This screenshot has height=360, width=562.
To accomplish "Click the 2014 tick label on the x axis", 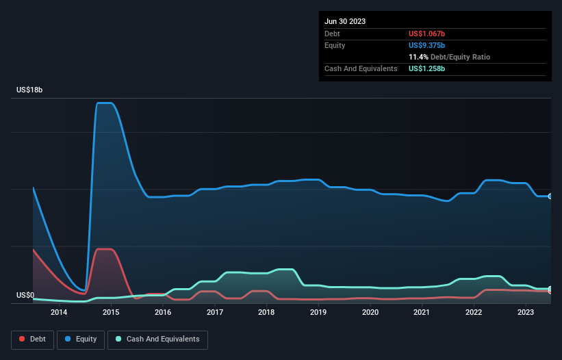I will [x=59, y=313].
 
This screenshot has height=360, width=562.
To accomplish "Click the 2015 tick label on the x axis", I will [x=111, y=313].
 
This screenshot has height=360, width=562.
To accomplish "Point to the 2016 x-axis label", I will [x=163, y=313].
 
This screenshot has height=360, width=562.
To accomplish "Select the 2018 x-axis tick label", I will [x=266, y=313].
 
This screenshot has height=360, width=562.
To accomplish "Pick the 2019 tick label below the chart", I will [x=318, y=313].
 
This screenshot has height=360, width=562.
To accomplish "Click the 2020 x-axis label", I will [x=370, y=313].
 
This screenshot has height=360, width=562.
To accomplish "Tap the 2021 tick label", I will [x=422, y=313].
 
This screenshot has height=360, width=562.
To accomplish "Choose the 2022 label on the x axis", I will [x=474, y=313].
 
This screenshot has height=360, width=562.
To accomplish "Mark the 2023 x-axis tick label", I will [x=525, y=313].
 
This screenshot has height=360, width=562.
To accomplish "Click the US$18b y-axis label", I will [x=31, y=90].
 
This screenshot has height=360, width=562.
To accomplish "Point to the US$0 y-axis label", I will [x=25, y=296].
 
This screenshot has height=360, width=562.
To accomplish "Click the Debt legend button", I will [x=31, y=339].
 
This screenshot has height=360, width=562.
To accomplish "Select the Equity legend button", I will [x=81, y=339].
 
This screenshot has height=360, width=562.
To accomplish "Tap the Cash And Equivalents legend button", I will [x=157, y=339].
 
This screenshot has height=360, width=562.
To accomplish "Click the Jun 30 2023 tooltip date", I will [x=345, y=21].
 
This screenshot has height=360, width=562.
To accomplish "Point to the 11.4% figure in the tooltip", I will [x=418, y=57].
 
